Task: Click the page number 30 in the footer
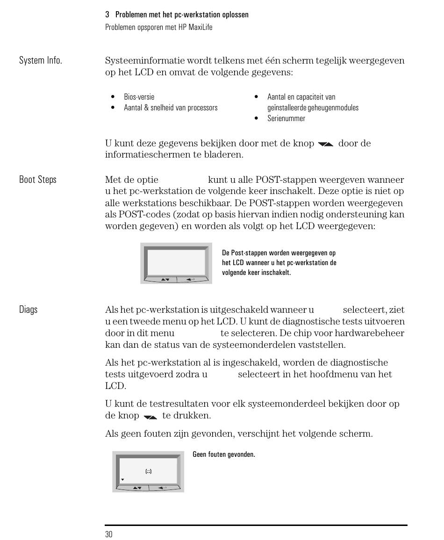coord(108,534)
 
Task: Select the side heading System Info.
coord(40,61)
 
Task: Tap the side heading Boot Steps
coord(37,180)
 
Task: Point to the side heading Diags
coord(28,310)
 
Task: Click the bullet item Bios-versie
coord(139,97)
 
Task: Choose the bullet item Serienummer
coord(286,119)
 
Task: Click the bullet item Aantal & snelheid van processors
coord(171,108)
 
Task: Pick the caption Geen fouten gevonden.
coord(224,454)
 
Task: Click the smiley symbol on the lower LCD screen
coord(148,471)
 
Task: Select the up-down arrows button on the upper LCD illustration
coord(165,280)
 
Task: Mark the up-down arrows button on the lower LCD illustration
coord(137,488)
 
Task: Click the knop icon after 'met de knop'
coord(325,144)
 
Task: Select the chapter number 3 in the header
coord(107,15)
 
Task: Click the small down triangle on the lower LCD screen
coord(122,480)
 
